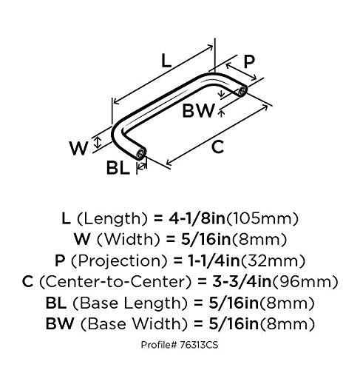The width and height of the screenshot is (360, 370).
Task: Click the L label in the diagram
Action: [x=166, y=61]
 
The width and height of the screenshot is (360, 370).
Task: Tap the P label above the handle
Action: [x=249, y=61]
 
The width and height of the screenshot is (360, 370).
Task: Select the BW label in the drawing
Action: [x=198, y=110]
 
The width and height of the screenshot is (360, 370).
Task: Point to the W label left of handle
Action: [x=78, y=148]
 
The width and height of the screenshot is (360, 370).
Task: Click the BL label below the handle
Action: [x=118, y=168]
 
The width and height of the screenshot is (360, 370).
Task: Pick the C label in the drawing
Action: [x=217, y=147]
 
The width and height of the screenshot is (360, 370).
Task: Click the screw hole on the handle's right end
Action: [x=242, y=91]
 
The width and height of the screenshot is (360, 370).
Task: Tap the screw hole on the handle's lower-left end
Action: [x=141, y=154]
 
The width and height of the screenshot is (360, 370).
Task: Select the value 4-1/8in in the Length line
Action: [x=197, y=218]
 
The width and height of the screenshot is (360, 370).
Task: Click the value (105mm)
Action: [x=262, y=218]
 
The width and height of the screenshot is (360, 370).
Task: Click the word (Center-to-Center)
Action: [x=115, y=282]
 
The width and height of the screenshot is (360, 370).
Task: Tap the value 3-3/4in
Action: [x=242, y=281]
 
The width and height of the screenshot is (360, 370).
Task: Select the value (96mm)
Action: [x=305, y=282]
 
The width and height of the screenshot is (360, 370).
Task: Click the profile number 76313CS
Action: [x=199, y=345]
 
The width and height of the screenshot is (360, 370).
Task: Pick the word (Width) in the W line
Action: [x=129, y=239]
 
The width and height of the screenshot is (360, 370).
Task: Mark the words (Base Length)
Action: [x=130, y=303]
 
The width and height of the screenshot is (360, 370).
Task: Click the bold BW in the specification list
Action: [x=60, y=323]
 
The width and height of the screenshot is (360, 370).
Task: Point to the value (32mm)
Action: [x=273, y=260]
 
